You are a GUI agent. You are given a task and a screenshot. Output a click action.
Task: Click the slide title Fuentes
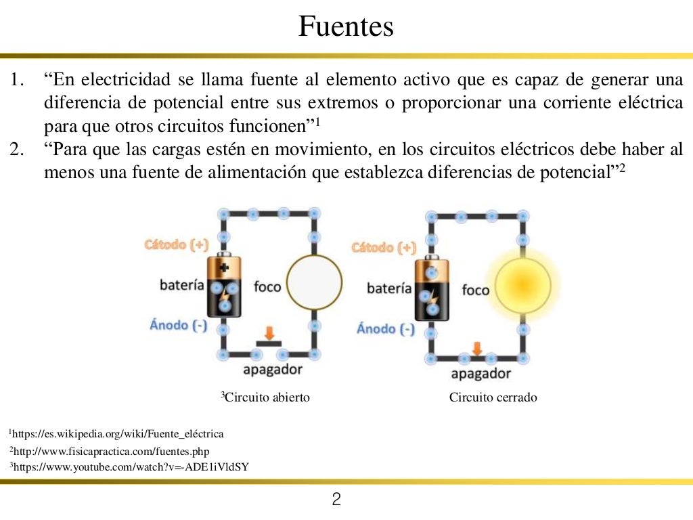346,27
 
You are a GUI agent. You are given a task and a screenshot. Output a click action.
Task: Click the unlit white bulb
314,284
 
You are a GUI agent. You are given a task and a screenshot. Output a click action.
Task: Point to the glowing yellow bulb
522,286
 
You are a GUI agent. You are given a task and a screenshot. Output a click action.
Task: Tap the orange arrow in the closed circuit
477,348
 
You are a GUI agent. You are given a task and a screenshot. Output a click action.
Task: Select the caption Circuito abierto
266,397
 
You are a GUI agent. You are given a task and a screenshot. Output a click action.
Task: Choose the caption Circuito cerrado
493,397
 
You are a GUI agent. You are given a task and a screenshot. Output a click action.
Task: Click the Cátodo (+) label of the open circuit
177,244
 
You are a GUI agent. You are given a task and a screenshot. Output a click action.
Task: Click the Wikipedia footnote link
118,433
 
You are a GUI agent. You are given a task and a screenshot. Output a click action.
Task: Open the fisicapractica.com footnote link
111,451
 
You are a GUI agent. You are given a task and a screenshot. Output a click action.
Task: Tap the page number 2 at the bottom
336,500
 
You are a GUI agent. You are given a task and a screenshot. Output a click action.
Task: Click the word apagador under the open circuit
272,370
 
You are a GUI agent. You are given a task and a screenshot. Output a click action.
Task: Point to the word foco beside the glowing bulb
475,290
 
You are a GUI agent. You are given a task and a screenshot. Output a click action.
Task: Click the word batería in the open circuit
182,284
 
